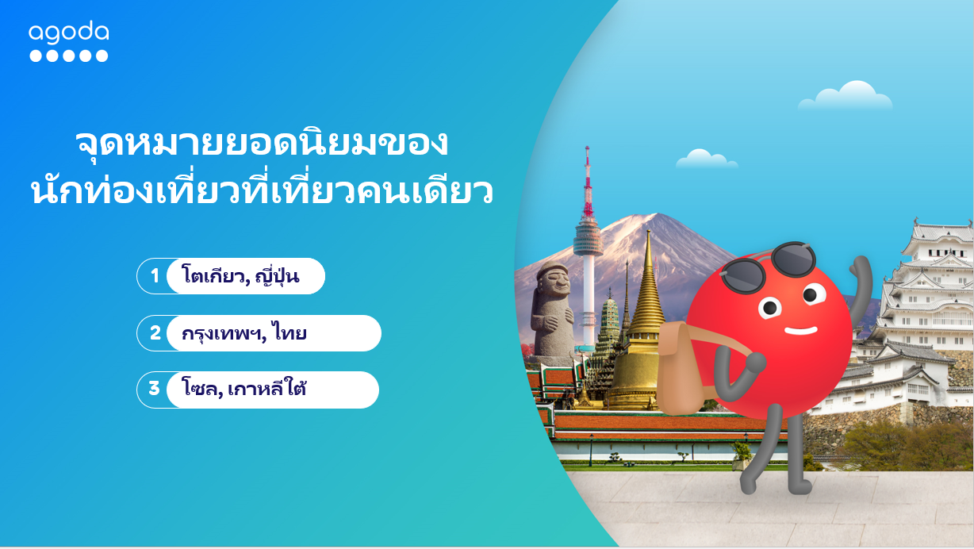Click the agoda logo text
(x=68, y=33)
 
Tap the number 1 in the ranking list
(x=155, y=276)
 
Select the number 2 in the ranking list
(x=155, y=333)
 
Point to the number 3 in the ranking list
(x=154, y=390)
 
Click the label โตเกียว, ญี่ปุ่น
(x=240, y=277)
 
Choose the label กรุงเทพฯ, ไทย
(x=243, y=334)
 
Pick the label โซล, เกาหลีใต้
(x=243, y=390)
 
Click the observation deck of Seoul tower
(x=587, y=236)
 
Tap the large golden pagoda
(x=646, y=333)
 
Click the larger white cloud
(x=847, y=97)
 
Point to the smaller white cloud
(x=705, y=159)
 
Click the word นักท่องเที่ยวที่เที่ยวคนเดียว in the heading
(x=262, y=193)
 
